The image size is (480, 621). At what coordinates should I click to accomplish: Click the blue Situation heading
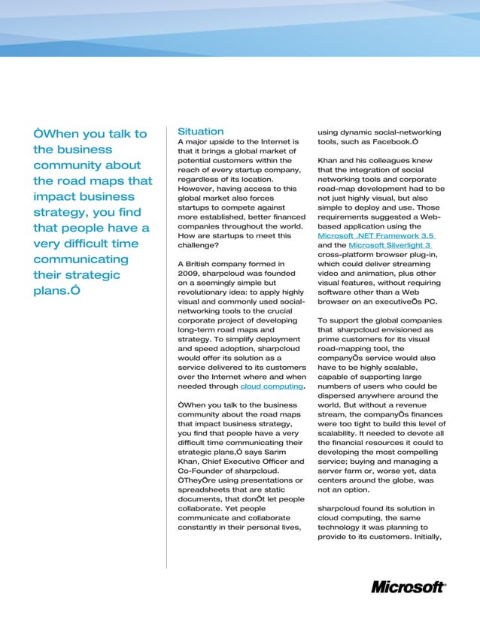200,131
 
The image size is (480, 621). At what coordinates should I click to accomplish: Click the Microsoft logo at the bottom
408,586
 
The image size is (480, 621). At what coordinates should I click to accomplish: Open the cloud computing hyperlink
272,386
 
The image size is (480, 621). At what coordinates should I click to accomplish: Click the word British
201,264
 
